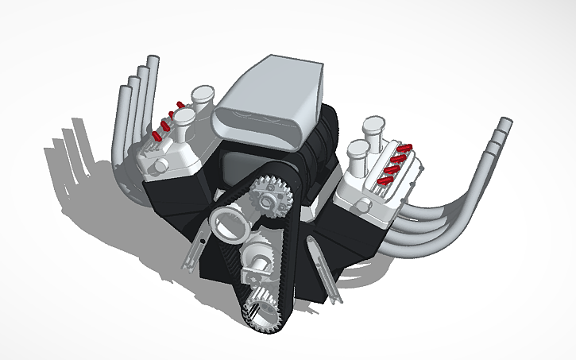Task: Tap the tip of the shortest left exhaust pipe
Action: click(125, 84)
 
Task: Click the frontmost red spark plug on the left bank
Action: click(158, 136)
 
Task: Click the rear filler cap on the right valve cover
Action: click(373, 125)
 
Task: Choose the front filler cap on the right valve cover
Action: click(358, 150)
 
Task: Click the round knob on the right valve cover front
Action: click(364, 206)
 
